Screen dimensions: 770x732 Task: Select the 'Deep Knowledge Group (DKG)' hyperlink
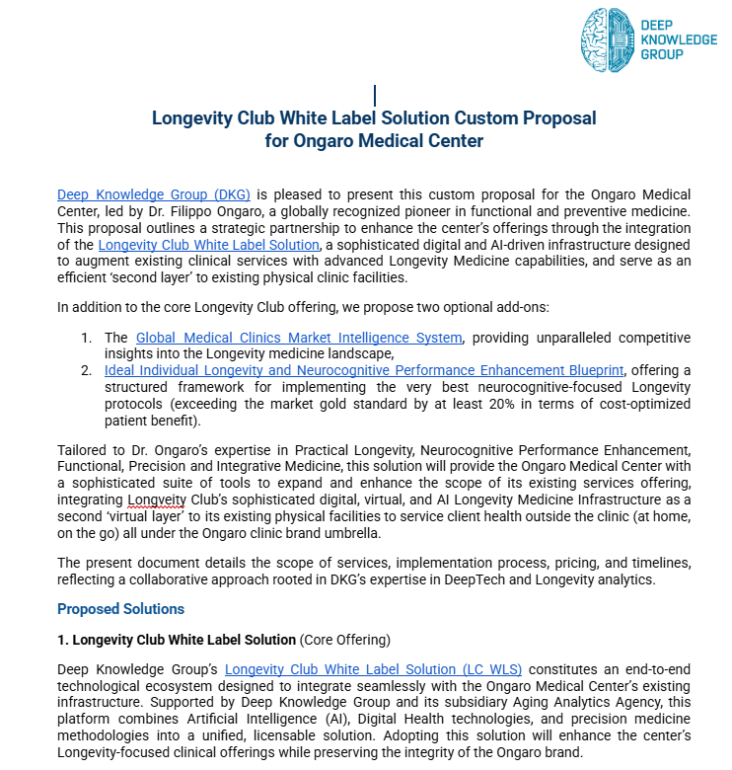click(x=154, y=194)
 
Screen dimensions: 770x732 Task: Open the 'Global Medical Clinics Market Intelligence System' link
click(x=298, y=338)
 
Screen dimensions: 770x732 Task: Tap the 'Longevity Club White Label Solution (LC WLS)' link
click(x=373, y=670)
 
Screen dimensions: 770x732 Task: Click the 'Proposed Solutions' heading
click(x=120, y=609)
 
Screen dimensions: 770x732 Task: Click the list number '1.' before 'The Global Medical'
click(x=87, y=338)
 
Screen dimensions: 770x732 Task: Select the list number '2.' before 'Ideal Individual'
click(x=87, y=370)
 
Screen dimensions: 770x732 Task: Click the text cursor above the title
click(x=375, y=96)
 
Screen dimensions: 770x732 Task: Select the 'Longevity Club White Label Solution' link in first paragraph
click(x=209, y=245)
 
